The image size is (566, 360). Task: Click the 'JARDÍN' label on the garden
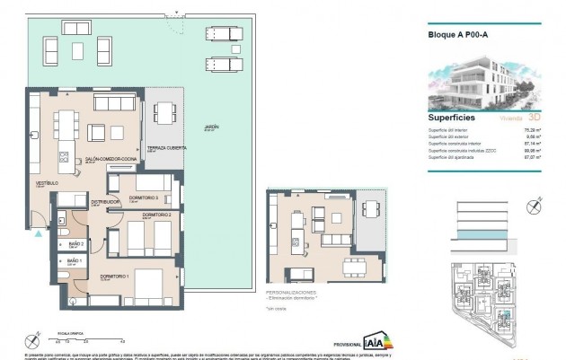click(x=211, y=127)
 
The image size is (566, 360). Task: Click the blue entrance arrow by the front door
click(x=38, y=232)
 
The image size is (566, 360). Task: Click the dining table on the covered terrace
click(x=164, y=113)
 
